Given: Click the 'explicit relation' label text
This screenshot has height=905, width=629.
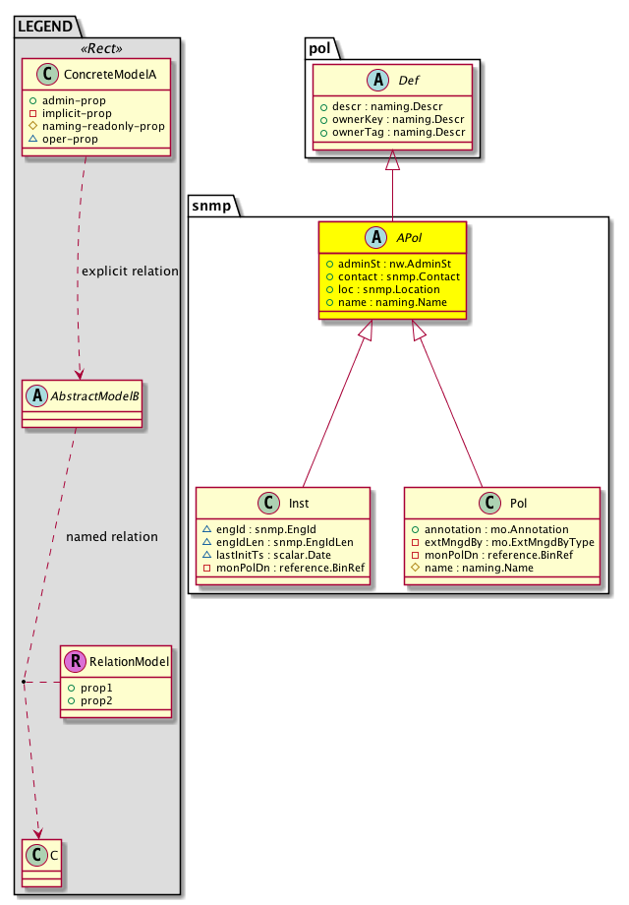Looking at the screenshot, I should [129, 271].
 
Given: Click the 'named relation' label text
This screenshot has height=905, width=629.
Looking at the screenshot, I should [111, 537].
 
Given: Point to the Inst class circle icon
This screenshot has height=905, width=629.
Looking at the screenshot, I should [264, 503].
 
